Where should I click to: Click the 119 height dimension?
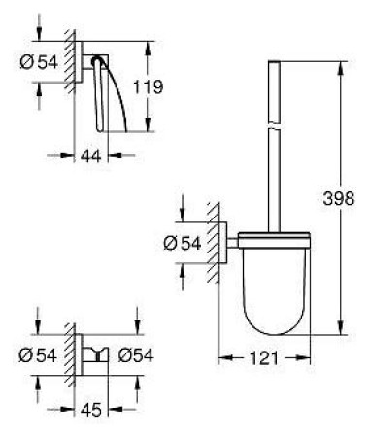[x=149, y=86]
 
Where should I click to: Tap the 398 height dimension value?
[x=339, y=198]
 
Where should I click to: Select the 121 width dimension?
[x=263, y=358]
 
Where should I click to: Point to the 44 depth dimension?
[x=91, y=156]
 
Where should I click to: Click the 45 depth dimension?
[x=91, y=410]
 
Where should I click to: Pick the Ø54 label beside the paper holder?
[x=39, y=62]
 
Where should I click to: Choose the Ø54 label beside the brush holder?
[x=183, y=243]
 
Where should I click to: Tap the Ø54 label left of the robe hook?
[x=38, y=355]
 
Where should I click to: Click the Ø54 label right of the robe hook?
[x=136, y=355]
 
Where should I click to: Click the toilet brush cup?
[x=275, y=285]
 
